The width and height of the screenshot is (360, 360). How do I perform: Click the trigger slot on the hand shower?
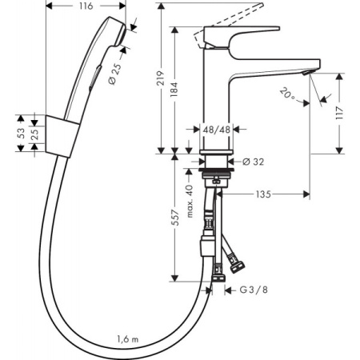(x=94, y=75)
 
